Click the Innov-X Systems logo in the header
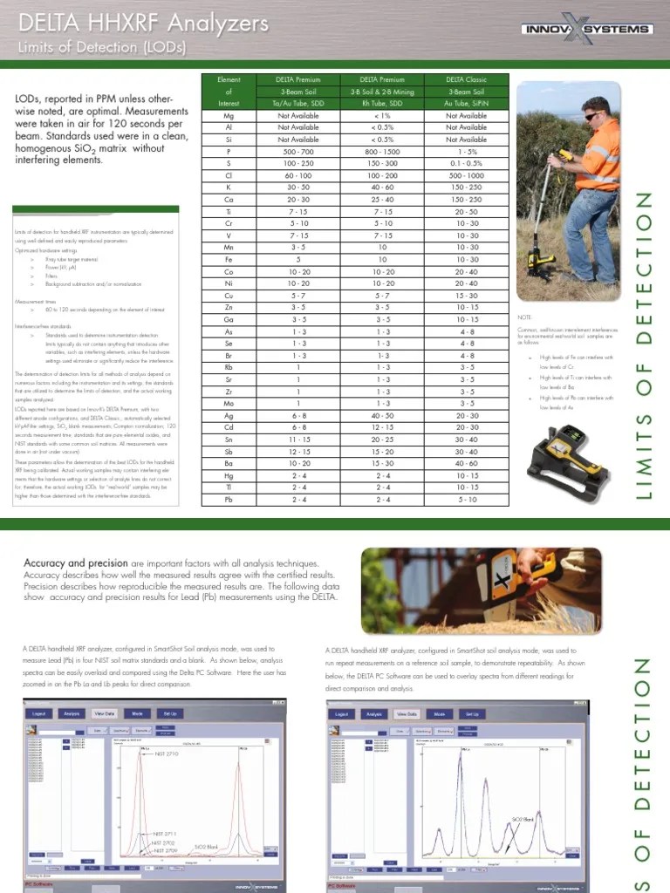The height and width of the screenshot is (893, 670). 586,29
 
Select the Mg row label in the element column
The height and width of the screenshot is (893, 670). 229,115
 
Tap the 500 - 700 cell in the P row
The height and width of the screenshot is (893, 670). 297,151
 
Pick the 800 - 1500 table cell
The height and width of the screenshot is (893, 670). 382,151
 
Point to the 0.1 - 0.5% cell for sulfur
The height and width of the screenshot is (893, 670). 466,163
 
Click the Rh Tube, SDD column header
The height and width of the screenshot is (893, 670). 382,103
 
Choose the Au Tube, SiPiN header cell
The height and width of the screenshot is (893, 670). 466,103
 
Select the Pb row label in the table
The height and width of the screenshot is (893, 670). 229,501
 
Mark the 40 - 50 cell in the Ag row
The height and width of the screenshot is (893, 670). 382,416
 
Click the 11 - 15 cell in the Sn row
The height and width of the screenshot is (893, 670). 297,440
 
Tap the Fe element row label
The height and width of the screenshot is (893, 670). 229,260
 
